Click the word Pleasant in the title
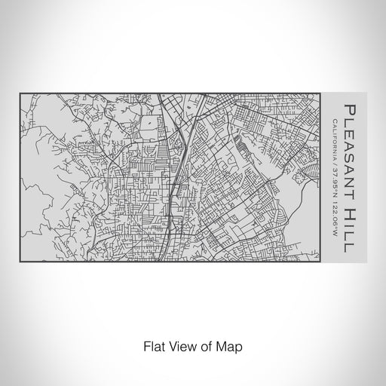click(x=351, y=142)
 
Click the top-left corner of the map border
click(x=20, y=93)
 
